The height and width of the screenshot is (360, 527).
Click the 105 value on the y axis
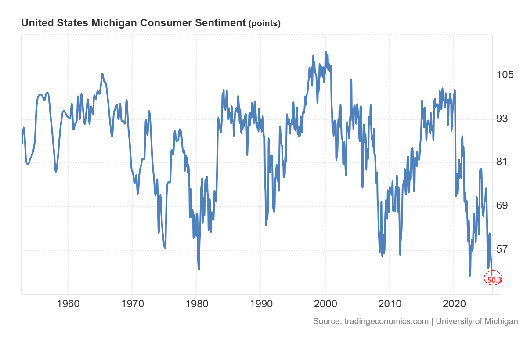tap(505, 75)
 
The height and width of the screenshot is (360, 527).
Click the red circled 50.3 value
tap(494, 279)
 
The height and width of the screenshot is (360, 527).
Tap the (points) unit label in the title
tap(264, 24)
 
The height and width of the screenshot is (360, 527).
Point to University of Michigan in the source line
tap(477, 321)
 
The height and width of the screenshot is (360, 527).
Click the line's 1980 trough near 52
tap(199, 269)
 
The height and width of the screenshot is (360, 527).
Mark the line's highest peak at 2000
tap(325, 52)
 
